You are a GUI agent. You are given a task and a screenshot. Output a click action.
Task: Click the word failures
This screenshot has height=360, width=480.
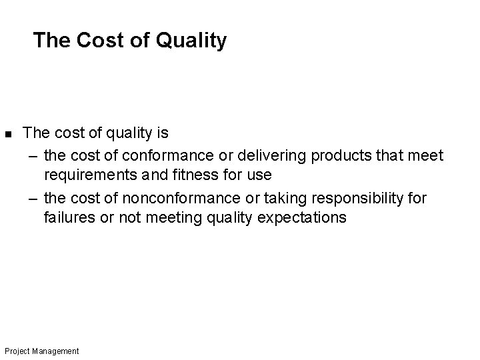pos(68,217)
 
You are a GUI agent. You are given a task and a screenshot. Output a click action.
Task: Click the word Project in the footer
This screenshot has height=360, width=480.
pos(15,351)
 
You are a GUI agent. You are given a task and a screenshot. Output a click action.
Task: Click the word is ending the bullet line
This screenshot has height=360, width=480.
pos(162,133)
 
